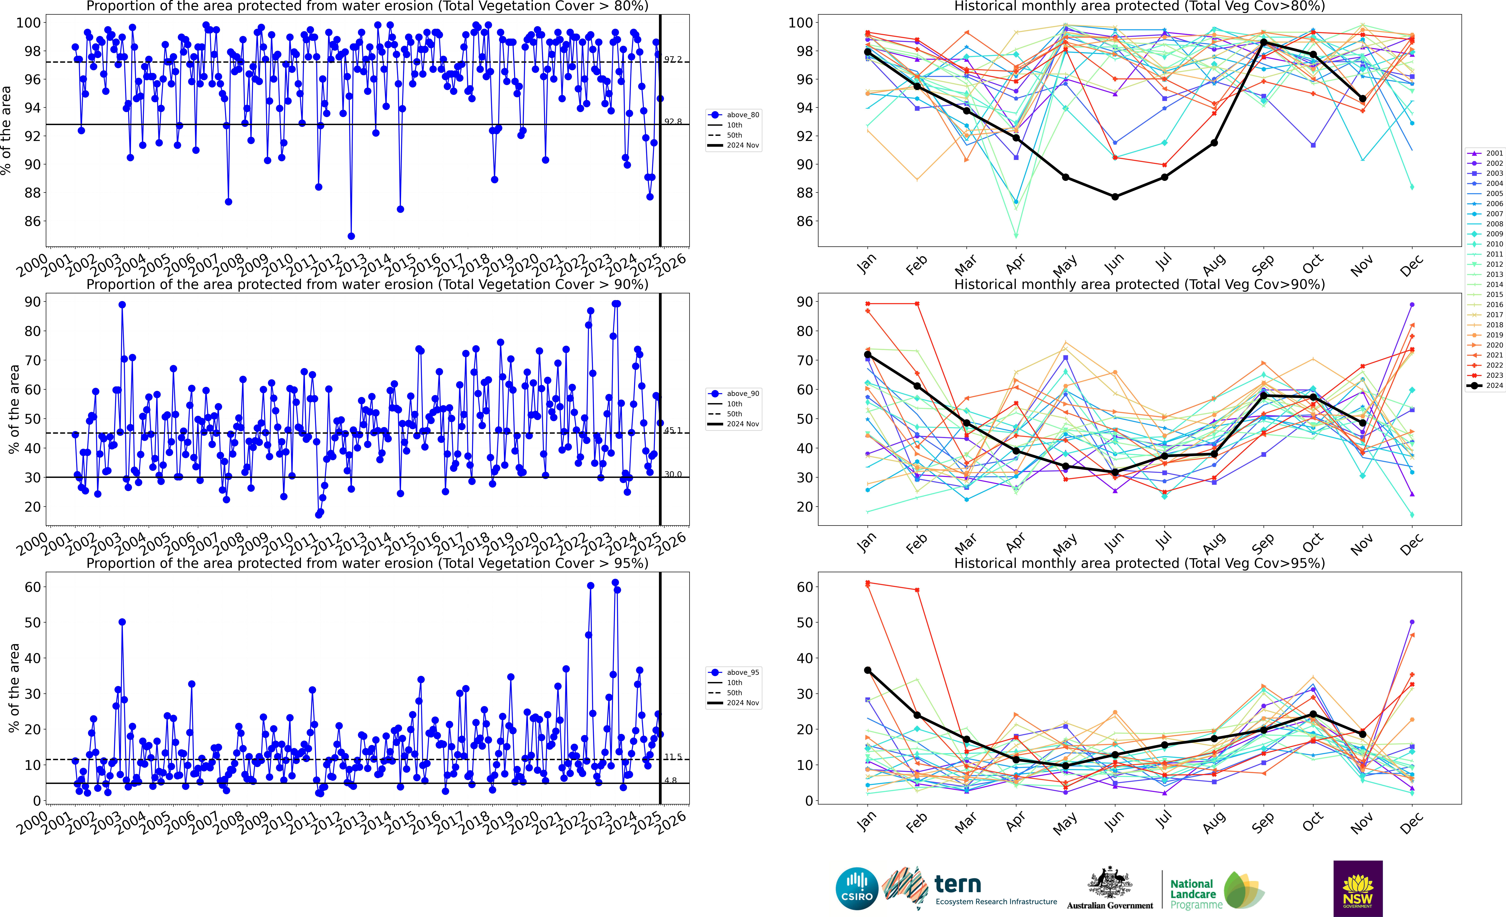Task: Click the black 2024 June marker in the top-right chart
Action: [1115, 197]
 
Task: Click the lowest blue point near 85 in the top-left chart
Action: [351, 236]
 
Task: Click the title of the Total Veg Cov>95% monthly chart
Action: [1139, 563]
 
